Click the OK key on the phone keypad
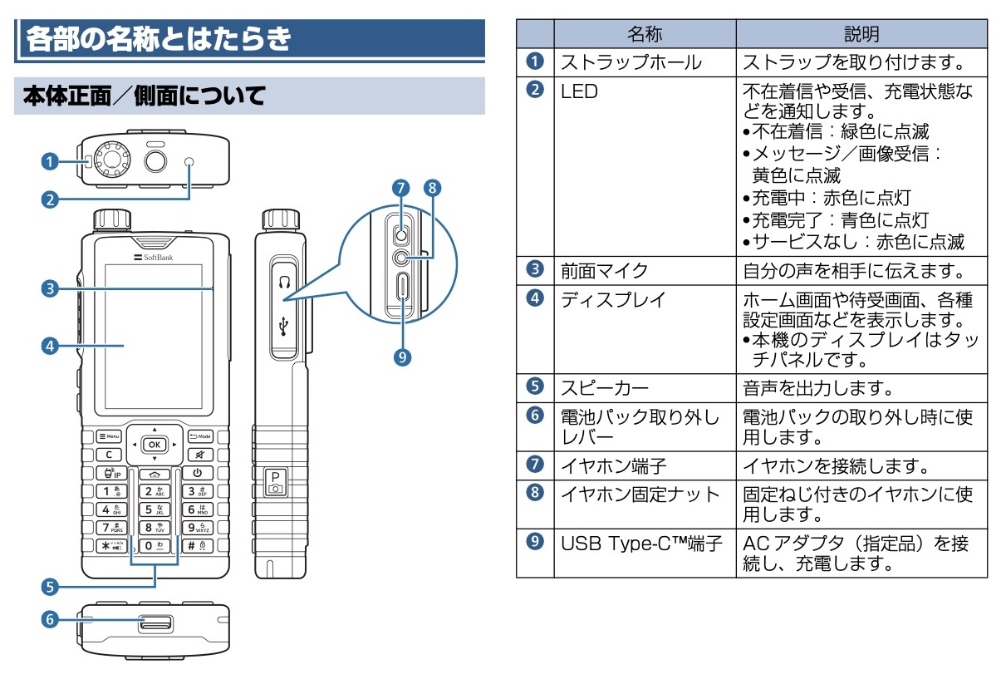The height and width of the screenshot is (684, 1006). (155, 444)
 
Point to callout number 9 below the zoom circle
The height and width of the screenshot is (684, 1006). (403, 357)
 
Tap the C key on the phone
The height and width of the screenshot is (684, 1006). (109, 455)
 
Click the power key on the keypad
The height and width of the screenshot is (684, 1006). (198, 473)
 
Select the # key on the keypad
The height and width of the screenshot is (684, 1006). (197, 546)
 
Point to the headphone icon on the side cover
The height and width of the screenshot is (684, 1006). (284, 282)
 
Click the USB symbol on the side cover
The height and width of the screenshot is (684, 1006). (284, 327)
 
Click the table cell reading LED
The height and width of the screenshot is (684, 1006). (580, 91)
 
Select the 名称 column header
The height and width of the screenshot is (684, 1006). (645, 34)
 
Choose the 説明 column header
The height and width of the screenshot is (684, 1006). (861, 34)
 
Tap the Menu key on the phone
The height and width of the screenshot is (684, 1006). (109, 435)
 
